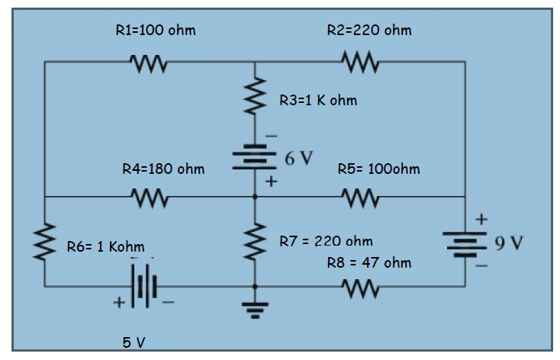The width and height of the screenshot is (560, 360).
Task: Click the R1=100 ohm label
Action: coord(155,31)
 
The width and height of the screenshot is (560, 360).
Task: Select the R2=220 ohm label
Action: coord(369,31)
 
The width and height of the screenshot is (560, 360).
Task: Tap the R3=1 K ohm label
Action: coord(317,100)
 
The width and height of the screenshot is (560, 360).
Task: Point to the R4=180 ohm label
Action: coord(163,169)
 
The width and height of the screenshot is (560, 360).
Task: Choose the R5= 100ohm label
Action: coord(378,169)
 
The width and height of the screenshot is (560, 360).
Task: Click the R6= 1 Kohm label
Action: coord(105,246)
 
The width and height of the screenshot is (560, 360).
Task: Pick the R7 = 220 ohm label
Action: coord(326,241)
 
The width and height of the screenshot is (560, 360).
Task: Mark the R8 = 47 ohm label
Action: coord(369,263)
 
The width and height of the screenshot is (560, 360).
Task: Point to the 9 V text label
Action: coord(509,244)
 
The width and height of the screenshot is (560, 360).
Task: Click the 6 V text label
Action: coord(298,159)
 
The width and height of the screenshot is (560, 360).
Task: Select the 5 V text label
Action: coord(135,342)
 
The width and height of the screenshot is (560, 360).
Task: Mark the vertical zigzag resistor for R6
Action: coord(45,241)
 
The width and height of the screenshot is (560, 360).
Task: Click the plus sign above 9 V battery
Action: coord(481,220)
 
